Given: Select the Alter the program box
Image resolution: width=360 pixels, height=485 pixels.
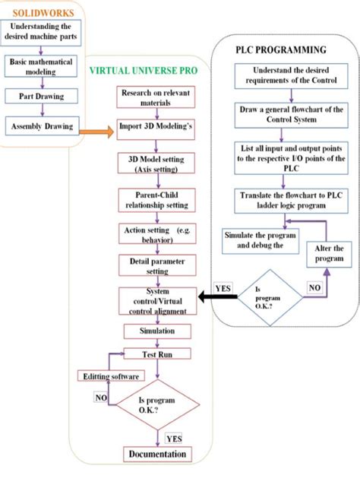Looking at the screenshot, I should [x=327, y=253].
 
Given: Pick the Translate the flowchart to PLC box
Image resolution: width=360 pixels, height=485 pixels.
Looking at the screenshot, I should [x=279, y=201].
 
